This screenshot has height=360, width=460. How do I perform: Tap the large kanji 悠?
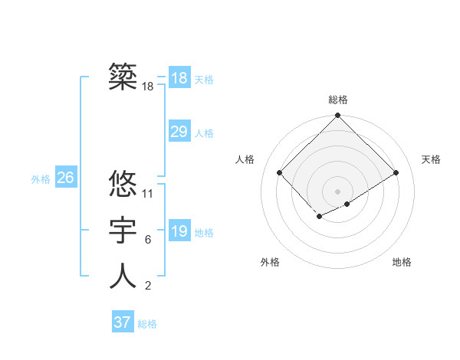click(123, 184)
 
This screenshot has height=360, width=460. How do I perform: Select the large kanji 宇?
click(123, 230)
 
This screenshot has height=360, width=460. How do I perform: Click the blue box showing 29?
click(179, 132)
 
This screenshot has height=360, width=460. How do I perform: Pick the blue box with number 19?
click(179, 231)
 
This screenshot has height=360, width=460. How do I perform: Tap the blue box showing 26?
click(65, 178)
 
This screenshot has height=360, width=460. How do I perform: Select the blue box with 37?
click(123, 322)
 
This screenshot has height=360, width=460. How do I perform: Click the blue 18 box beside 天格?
click(179, 78)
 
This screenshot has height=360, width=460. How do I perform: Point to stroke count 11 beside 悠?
click(148, 194)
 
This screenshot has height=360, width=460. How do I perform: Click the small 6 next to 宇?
click(147, 240)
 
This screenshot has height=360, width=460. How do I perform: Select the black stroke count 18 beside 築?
click(148, 87)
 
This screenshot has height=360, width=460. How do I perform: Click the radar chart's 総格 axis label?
click(337, 100)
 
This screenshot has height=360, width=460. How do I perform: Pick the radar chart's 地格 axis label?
click(402, 263)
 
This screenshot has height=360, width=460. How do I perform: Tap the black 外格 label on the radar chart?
click(270, 263)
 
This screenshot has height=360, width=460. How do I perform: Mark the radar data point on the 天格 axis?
click(396, 172)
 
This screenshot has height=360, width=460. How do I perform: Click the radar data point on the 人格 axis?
click(280, 172)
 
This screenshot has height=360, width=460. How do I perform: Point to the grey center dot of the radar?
click(337, 191)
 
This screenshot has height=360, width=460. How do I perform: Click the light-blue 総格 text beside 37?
click(147, 324)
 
